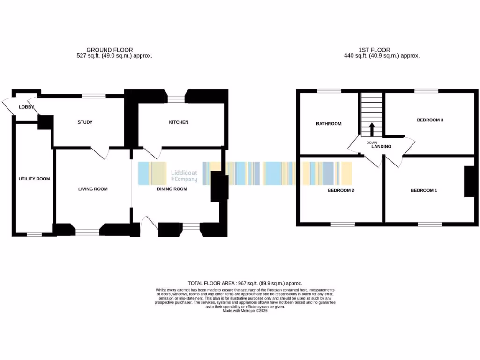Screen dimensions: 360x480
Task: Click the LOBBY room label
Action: tap(26, 107)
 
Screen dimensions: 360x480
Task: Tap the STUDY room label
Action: tap(85, 122)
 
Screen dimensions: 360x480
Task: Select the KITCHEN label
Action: tap(179, 122)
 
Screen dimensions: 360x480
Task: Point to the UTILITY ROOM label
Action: tap(34, 179)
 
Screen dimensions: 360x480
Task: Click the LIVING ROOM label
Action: tap(93, 189)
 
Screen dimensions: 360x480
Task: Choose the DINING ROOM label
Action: tap(172, 189)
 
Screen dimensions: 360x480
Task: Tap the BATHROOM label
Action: tap(329, 124)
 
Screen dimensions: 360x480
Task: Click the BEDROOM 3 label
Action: tap(430, 120)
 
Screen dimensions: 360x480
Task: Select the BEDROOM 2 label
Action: tap(340, 190)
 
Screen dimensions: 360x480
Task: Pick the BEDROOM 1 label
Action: tap(424, 190)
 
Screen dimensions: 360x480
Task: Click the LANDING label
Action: tap(381, 147)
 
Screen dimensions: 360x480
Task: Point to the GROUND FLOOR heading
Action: tap(109, 50)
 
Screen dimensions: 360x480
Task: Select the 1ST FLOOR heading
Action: tap(374, 50)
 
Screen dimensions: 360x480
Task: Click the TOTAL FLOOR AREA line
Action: tap(245, 283)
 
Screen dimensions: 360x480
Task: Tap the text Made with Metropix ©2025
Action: tap(245, 310)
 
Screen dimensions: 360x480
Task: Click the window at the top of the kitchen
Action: tap(176, 98)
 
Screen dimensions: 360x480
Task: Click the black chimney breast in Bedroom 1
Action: tap(469, 181)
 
